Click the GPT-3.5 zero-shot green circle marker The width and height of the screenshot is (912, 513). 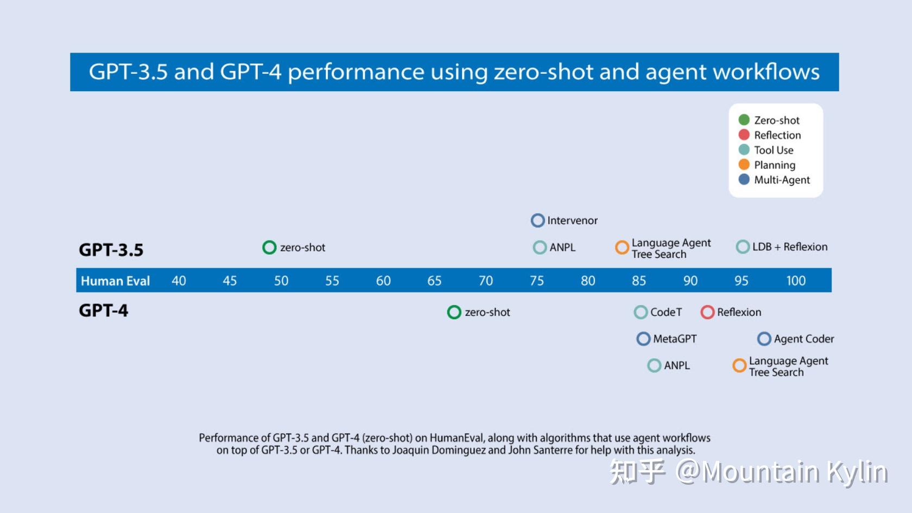click(269, 248)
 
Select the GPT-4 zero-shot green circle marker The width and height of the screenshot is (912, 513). click(454, 312)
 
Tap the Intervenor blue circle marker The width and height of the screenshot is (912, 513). click(537, 220)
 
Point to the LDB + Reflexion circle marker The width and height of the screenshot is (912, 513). click(743, 247)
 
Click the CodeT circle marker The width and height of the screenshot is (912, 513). click(641, 312)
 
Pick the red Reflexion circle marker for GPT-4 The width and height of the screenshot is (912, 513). click(707, 312)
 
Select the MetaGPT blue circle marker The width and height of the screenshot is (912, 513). click(643, 339)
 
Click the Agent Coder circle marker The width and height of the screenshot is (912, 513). click(764, 339)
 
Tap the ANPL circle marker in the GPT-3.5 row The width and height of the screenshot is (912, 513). click(540, 248)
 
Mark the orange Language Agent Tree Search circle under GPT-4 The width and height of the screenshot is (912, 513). click(739, 366)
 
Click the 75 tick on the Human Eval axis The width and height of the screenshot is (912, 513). click(536, 281)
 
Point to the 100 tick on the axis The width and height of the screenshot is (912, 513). click(796, 281)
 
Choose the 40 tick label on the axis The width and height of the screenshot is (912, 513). click(179, 281)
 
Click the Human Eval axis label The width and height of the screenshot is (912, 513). click(115, 281)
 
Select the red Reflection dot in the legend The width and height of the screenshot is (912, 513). click(744, 135)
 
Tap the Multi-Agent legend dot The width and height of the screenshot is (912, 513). click(744, 179)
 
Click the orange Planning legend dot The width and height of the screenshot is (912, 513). click(744, 164)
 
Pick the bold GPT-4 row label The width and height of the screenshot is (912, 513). click(104, 311)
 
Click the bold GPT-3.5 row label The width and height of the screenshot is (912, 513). click(111, 250)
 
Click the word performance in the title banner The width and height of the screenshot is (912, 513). click(356, 72)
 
